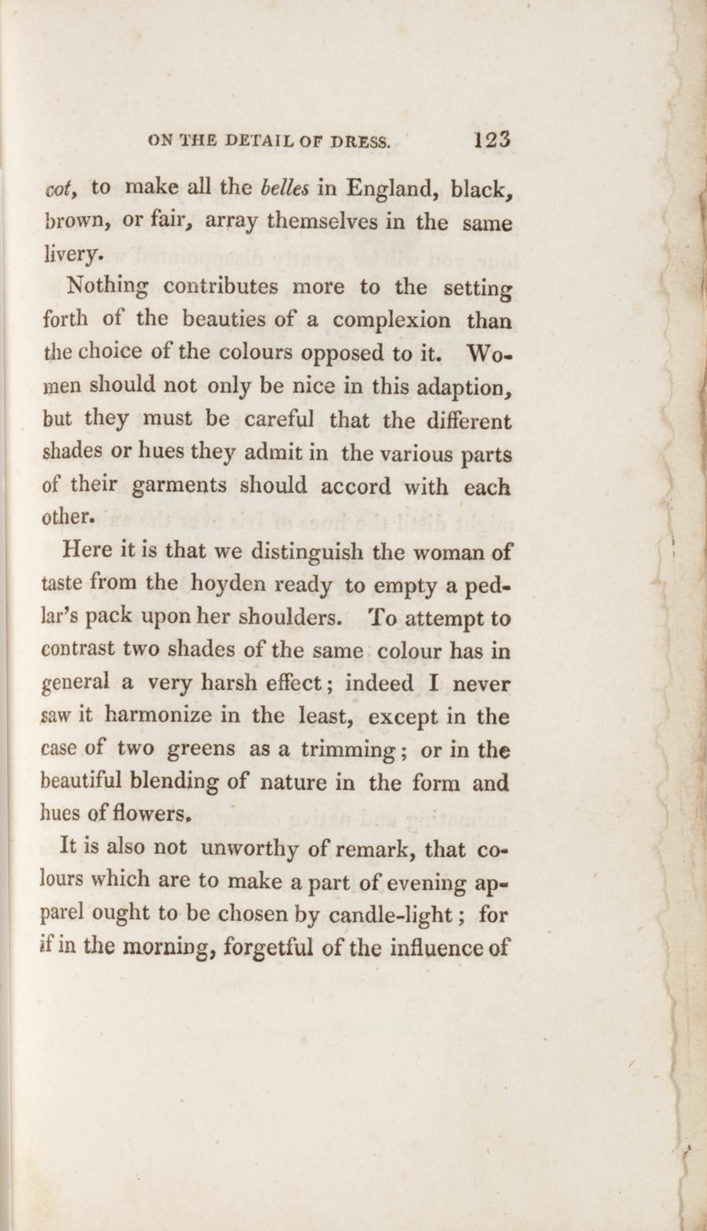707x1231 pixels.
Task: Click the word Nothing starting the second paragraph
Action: [108, 287]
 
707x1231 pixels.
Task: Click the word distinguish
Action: [307, 552]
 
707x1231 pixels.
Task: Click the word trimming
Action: [348, 750]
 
